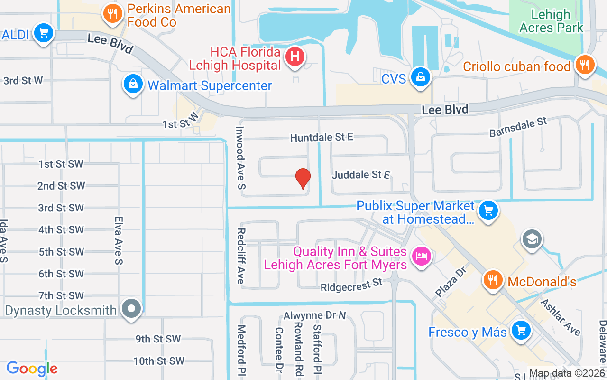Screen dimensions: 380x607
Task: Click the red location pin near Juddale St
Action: click(x=303, y=178)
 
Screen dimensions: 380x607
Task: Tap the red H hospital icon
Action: click(x=294, y=57)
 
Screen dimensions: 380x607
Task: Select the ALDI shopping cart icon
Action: click(x=44, y=33)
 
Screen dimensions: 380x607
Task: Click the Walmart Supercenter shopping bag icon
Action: click(x=134, y=84)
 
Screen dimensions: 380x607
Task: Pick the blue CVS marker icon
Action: click(x=420, y=76)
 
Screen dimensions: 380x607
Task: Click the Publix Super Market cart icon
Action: click(x=488, y=210)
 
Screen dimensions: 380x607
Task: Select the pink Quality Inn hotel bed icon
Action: click(x=421, y=256)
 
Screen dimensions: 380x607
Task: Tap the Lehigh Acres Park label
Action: click(x=551, y=21)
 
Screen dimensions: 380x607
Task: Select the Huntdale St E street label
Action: click(x=322, y=137)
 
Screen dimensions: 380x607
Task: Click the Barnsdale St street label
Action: click(x=518, y=127)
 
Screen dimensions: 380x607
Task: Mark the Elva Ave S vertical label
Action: click(x=119, y=240)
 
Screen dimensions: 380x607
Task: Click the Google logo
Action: click(x=32, y=369)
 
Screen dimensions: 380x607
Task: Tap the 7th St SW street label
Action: click(x=61, y=295)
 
